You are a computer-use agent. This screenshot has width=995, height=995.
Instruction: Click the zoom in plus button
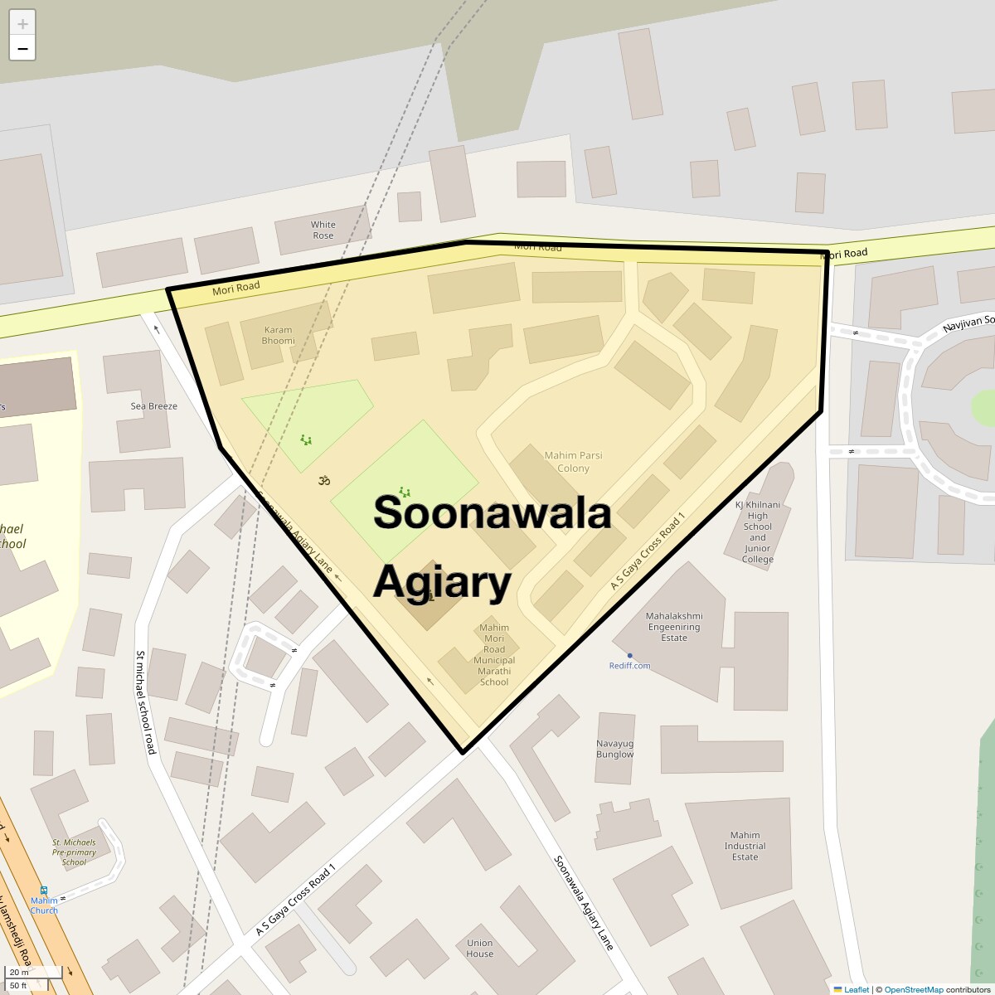pyautogui.click(x=22, y=24)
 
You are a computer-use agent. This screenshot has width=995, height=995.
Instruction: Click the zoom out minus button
pyautogui.click(x=22, y=49)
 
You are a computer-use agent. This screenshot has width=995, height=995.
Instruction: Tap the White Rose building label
pyautogui.click(x=323, y=230)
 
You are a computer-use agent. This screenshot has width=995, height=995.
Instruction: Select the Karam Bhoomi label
pyautogui.click(x=278, y=335)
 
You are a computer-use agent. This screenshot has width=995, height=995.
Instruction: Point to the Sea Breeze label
pyautogui.click(x=154, y=406)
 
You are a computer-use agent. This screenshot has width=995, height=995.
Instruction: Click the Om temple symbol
pyautogui.click(x=324, y=479)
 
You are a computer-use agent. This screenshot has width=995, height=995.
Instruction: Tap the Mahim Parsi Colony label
pyautogui.click(x=573, y=462)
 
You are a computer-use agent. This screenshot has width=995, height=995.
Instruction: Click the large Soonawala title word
pyautogui.click(x=493, y=512)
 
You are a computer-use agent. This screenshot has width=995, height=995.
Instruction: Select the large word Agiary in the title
pyautogui.click(x=442, y=583)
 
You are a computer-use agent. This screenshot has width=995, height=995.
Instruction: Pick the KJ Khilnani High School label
pyautogui.click(x=757, y=531)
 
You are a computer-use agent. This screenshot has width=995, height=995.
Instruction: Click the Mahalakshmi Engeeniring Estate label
pyautogui.click(x=674, y=627)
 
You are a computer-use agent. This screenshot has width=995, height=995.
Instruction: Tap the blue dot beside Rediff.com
pyautogui.click(x=630, y=656)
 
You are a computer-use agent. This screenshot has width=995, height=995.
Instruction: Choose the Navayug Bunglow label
pyautogui.click(x=614, y=749)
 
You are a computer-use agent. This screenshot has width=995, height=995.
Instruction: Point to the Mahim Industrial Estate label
pyautogui.click(x=745, y=846)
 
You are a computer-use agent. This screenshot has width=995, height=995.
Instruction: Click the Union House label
pyautogui.click(x=479, y=948)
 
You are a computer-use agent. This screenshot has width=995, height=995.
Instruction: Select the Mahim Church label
pyautogui.click(x=44, y=905)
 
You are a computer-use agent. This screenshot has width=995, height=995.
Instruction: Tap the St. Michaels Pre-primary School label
pyautogui.click(x=74, y=852)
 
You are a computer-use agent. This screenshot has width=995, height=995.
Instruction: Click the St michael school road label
pyautogui.click(x=146, y=701)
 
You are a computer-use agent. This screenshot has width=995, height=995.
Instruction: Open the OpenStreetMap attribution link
pyautogui.click(x=913, y=989)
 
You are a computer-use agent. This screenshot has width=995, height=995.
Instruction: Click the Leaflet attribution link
pyautogui.click(x=857, y=989)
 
